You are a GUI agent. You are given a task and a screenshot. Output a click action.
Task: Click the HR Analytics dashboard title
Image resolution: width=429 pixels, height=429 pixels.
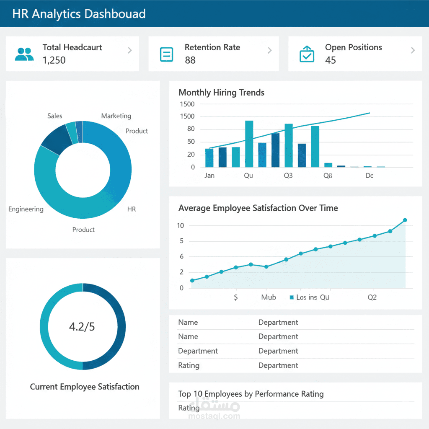pos(79,13)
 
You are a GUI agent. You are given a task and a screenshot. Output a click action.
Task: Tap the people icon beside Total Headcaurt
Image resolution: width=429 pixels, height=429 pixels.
pos(24,54)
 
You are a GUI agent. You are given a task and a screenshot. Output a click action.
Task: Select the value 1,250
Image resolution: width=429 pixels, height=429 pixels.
pos(54,60)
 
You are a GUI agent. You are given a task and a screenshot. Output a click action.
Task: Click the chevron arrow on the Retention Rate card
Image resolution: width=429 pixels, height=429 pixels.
pos(269,51)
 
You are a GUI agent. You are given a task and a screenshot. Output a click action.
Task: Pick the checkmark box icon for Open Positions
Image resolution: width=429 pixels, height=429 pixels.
pos(307,54)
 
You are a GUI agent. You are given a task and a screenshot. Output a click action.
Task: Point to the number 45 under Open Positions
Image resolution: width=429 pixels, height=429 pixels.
pos(331,60)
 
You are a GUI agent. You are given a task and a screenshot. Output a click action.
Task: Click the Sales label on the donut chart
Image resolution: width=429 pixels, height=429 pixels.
pos(54,116)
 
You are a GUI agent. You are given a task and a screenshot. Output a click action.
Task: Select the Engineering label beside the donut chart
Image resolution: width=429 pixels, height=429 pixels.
pos(26,209)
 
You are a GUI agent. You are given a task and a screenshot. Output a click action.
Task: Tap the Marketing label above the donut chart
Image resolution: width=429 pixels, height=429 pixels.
pos(116,116)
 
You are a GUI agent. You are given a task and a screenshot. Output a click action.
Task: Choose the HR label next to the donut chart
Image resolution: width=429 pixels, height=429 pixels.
pos(132,209)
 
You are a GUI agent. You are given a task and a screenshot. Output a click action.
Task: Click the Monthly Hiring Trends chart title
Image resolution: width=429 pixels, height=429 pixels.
pos(221,93)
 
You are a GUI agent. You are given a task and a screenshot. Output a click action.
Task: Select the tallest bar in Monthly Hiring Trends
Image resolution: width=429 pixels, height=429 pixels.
pos(249,144)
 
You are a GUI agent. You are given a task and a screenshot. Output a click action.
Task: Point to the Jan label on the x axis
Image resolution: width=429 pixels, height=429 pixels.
pos(209,176)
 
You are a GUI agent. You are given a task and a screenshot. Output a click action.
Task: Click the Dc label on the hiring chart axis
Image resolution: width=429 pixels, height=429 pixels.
pos(369,176)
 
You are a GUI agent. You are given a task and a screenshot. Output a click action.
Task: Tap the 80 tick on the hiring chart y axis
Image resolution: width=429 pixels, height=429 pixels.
pos(191,129)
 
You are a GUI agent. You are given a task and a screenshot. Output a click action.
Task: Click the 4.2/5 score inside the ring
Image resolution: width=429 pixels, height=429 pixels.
pos(82,327)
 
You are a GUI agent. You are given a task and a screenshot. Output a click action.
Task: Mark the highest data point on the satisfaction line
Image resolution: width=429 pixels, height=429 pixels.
pos(405,220)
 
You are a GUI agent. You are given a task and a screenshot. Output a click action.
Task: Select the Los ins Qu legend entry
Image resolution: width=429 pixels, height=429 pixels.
pos(310,297)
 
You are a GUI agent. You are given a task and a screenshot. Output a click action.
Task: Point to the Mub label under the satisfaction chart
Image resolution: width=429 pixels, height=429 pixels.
pos(269,297)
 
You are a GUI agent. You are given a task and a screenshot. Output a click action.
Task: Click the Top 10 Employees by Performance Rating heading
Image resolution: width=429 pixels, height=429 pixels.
pos(251,394)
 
